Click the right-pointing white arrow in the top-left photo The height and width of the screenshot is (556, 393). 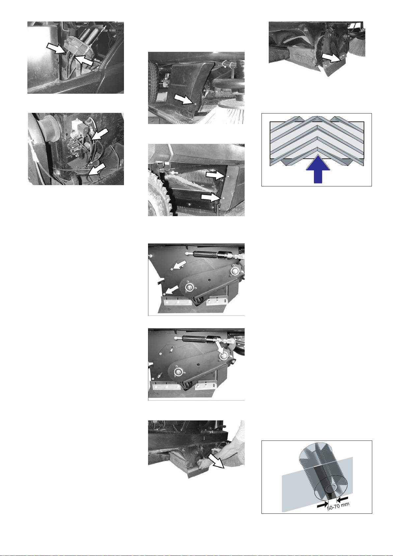[56, 48]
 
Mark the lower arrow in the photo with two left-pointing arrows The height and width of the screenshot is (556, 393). [172, 289]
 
